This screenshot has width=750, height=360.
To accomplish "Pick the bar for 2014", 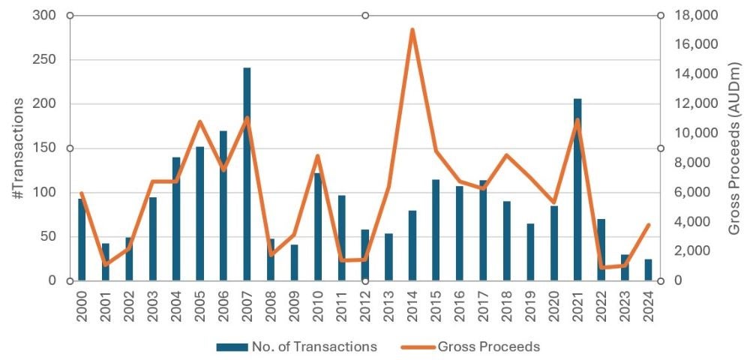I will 412,245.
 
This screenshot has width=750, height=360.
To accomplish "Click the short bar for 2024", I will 648,270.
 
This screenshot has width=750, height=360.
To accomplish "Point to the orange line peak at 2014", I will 412,30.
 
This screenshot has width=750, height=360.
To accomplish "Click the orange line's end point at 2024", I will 648,225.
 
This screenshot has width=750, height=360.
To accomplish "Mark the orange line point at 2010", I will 318,156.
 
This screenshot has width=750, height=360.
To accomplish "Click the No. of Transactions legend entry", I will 296,346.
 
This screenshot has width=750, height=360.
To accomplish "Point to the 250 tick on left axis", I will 47,60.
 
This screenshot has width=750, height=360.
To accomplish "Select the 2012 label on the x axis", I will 365,304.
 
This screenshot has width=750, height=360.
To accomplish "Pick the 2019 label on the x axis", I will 530,304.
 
